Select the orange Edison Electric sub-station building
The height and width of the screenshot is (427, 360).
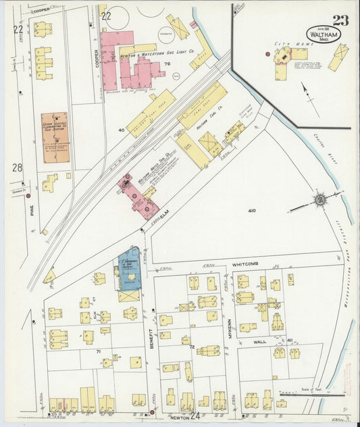click(54, 137)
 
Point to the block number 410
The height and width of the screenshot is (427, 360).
click(252, 211)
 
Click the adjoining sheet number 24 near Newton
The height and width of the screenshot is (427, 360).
click(195, 416)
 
